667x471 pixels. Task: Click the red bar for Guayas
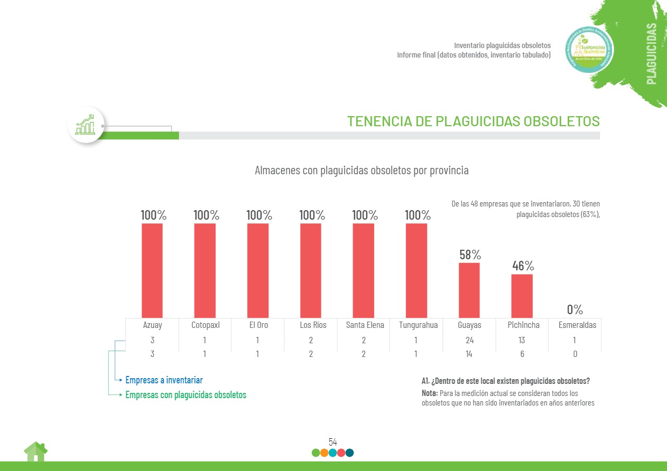coord(469,290)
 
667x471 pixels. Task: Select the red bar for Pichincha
coord(522,296)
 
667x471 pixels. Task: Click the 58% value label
coord(470,255)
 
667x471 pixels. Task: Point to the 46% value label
coord(523,266)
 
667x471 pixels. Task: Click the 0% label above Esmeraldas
coord(575,309)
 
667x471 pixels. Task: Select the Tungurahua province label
coord(418,325)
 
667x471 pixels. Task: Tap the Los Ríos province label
coord(313,325)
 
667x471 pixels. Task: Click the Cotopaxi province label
coord(206,325)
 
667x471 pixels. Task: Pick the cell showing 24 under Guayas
coord(469,341)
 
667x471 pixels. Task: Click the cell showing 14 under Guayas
coord(469,354)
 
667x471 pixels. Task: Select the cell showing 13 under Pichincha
coord(522,341)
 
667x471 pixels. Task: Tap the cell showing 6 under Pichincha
coord(522,354)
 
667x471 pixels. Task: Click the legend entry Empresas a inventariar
coord(164,380)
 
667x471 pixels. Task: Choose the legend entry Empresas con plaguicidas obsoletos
coord(186,395)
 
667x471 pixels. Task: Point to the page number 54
coord(332,442)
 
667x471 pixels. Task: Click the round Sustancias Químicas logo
coord(589,50)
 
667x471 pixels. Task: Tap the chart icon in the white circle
coord(86,125)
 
